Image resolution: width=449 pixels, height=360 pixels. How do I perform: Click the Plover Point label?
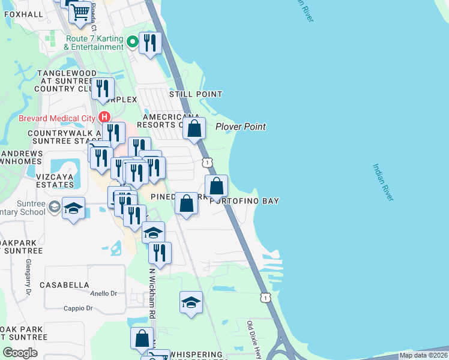(240, 127)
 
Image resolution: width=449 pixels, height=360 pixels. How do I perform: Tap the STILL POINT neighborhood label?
(195, 94)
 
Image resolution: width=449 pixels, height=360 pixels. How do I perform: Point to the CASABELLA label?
(64, 285)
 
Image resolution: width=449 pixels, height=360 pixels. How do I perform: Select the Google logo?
(20, 352)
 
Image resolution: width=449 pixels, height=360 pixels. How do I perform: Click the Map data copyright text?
(423, 355)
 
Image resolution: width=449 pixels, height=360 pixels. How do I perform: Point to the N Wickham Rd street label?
(152, 292)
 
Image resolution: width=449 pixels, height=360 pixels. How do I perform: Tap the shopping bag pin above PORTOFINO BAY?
(217, 185)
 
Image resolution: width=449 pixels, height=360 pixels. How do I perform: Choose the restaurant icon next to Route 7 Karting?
(150, 43)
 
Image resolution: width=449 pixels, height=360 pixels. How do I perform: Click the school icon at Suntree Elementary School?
(73, 208)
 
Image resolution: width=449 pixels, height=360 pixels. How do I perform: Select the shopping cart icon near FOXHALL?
(79, 11)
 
